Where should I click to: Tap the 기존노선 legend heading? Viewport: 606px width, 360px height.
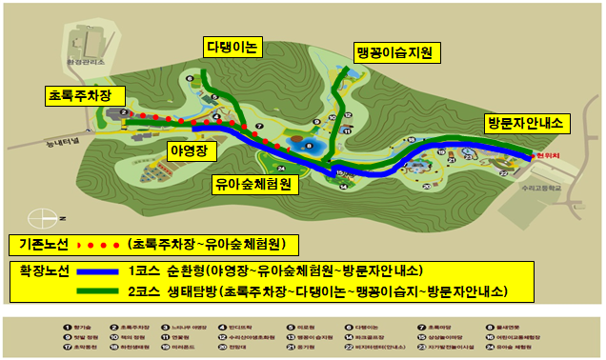click(38, 245)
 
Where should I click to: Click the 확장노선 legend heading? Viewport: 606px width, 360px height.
click(38, 270)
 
